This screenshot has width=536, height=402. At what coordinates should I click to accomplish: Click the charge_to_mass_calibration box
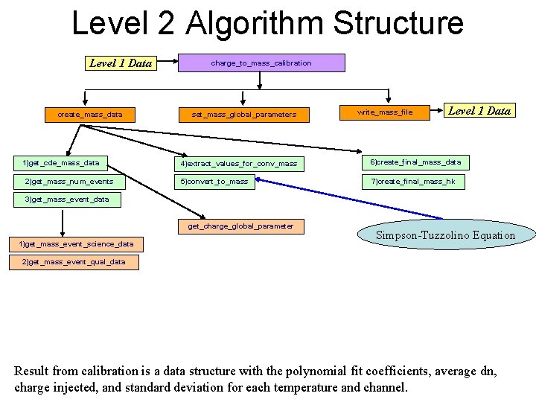[x=261, y=63]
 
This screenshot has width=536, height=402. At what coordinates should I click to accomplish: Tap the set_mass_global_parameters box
[x=244, y=115]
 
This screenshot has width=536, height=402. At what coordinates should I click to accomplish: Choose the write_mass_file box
[x=385, y=112]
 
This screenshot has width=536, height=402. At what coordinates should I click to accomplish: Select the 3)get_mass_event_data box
[x=67, y=200]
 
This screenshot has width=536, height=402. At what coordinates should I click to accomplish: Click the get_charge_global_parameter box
[x=240, y=226]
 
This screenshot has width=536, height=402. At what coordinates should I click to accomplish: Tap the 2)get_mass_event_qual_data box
[x=74, y=262]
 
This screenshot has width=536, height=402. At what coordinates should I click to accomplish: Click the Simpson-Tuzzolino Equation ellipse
[x=445, y=235]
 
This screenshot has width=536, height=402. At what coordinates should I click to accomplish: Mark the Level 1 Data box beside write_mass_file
[x=479, y=111]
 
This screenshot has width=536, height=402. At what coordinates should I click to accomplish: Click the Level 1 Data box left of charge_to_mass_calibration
[x=121, y=63]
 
